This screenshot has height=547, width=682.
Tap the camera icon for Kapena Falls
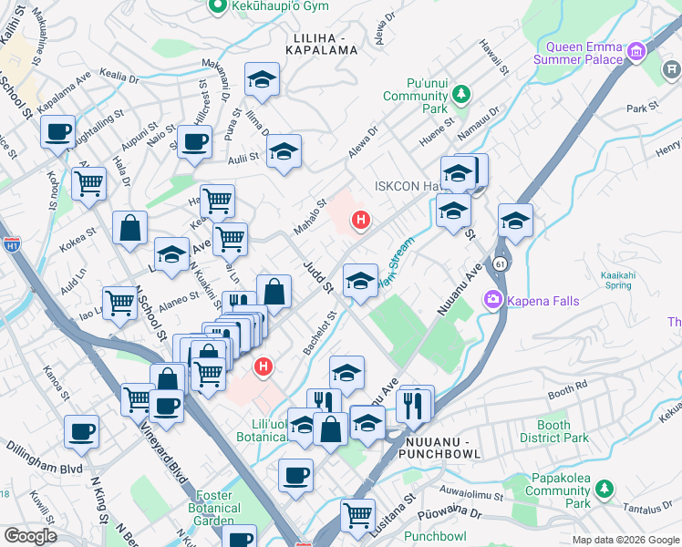coord(494,299)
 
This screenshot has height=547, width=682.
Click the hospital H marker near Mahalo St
coord(361,220)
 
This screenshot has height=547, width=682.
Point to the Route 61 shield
coord(500,263)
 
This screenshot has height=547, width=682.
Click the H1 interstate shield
coord(11,245)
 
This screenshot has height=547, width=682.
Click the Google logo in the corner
coord(29,536)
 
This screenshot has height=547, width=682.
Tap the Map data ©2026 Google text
coord(625,540)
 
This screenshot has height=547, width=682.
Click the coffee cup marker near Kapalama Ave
coord(57,132)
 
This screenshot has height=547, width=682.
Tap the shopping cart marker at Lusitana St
coord(357,514)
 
